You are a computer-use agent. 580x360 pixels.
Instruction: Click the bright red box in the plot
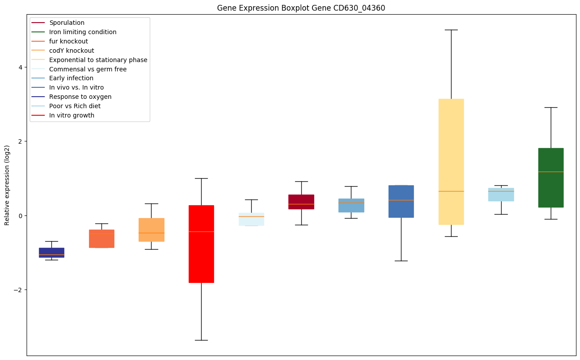pos(201,244)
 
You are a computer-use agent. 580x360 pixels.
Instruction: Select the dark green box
pos(551,177)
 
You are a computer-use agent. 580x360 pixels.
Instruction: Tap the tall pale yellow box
pos(451,162)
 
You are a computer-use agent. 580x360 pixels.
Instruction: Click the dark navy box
pos(51,253)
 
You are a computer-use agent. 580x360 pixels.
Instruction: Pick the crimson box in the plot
pos(301,202)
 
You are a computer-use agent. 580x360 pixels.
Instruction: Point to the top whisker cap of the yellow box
pos(451,30)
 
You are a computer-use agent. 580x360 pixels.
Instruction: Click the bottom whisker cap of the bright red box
pos(201,340)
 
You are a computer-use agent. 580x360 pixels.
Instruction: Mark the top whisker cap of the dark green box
pos(551,107)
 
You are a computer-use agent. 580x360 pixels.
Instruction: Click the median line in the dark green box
pos(551,172)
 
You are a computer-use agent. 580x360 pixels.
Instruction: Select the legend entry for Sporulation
pos(67,23)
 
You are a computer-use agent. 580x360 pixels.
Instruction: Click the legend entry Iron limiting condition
pos(83,32)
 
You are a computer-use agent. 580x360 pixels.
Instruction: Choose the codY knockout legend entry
pos(72,51)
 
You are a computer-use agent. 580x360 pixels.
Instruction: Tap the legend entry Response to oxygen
pos(80,97)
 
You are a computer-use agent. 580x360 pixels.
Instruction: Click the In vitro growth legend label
pos(72,115)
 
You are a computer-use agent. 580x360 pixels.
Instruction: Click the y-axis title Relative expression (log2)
pos(7,185)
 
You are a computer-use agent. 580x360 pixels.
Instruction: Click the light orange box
pos(152,230)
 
